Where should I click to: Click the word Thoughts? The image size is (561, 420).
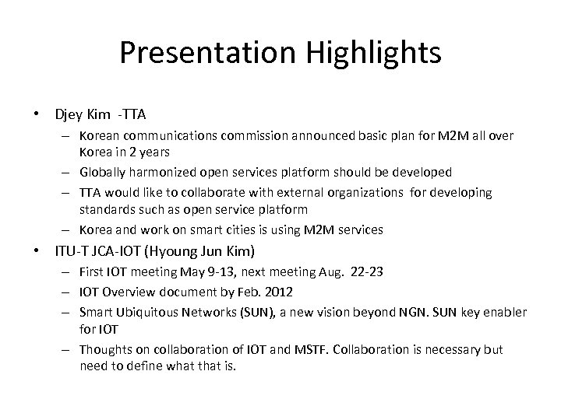[105, 349]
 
